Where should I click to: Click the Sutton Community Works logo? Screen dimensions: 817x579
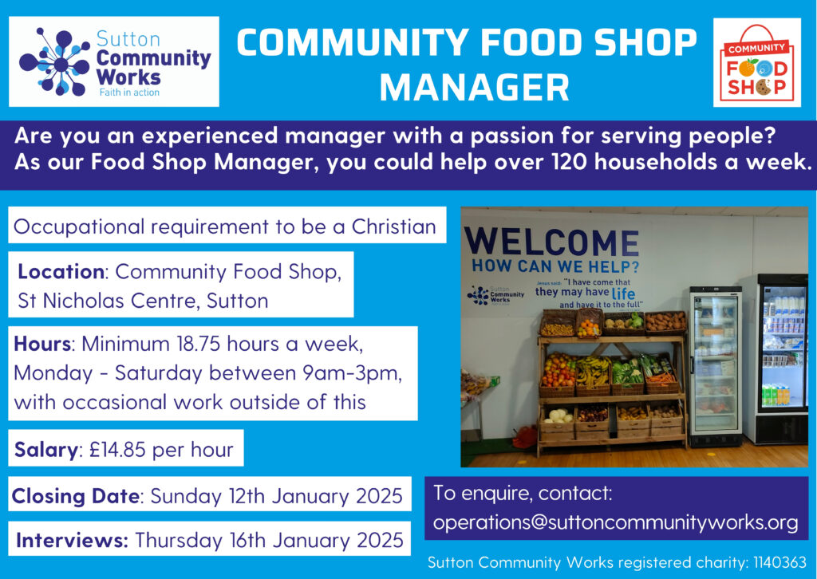click(114, 61)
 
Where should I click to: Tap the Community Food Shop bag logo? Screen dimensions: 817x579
click(756, 62)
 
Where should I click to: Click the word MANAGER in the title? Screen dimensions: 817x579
click(474, 88)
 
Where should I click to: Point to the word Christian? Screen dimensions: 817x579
click(394, 227)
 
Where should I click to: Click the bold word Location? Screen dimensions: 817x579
click(61, 272)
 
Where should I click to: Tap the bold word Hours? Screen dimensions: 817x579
click(42, 345)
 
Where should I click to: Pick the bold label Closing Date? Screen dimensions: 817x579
click(76, 496)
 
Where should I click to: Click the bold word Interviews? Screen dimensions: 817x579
click(72, 541)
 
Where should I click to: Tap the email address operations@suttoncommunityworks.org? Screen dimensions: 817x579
click(615, 522)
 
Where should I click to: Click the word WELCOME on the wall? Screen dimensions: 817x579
click(552, 242)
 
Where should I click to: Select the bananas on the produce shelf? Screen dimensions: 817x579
click(593, 372)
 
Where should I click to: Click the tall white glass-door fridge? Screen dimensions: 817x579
click(716, 366)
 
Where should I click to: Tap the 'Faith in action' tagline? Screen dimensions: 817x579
click(129, 93)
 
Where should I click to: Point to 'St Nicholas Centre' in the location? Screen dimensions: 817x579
click(109, 301)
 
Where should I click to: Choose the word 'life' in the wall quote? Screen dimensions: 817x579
click(623, 293)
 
